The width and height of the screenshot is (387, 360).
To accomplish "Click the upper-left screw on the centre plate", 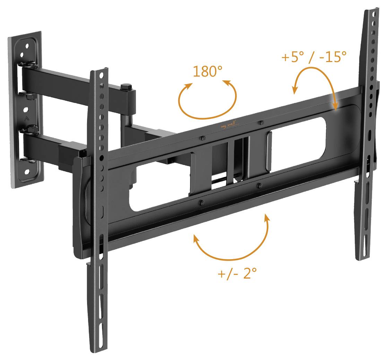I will [x=203, y=138].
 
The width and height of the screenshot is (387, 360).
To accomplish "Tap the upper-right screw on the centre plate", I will [x=260, y=122].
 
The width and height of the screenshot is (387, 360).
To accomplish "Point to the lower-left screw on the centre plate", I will [x=201, y=202].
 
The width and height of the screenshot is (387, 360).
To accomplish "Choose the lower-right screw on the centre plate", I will [x=259, y=186].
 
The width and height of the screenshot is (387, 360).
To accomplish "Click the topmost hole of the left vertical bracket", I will [x=101, y=75].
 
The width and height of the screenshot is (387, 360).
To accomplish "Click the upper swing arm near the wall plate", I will [x=69, y=78].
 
